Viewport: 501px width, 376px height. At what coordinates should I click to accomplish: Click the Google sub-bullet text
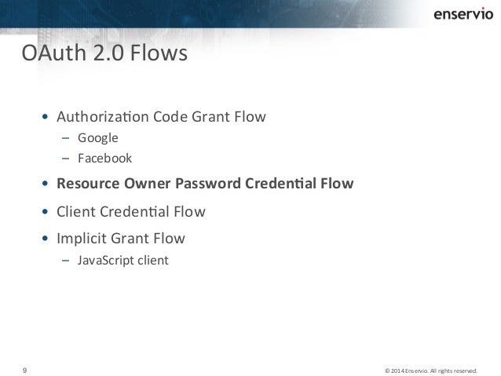[97, 139]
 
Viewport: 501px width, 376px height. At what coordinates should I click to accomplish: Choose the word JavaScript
[105, 258]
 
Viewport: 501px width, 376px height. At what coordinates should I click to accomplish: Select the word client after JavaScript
[152, 258]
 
